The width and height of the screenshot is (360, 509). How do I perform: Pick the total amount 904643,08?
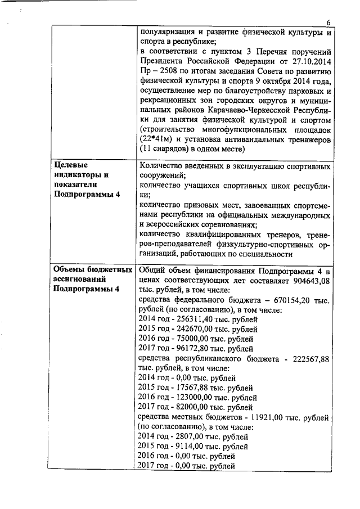310,280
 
